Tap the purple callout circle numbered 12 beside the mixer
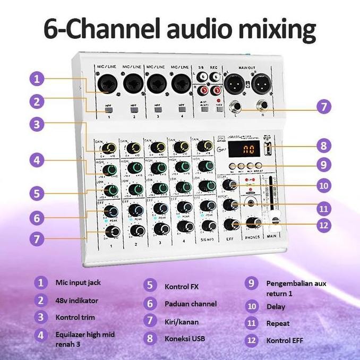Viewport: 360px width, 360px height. click(x=323, y=225)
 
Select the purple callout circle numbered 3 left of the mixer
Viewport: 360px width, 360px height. click(x=36, y=124)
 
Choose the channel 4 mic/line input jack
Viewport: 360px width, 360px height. click(x=182, y=83)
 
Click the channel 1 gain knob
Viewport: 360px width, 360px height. click(x=111, y=147)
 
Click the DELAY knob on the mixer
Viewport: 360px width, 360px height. click(x=230, y=185)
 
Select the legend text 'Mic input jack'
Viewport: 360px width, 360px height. click(x=78, y=282)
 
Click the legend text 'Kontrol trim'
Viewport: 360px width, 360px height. click(x=75, y=318)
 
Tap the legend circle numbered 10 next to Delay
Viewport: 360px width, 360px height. click(x=253, y=306)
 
